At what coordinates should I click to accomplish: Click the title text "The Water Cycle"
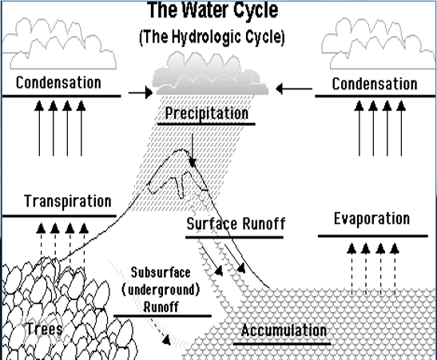click(x=213, y=10)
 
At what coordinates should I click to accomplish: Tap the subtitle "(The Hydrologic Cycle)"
click(x=212, y=37)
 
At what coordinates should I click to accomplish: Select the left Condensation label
click(x=58, y=83)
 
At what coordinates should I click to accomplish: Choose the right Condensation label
click(x=375, y=84)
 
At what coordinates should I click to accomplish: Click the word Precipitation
click(x=206, y=113)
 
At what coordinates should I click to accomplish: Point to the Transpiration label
click(x=68, y=201)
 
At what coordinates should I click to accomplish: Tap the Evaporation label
click(x=372, y=219)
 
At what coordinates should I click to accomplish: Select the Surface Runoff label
click(x=236, y=224)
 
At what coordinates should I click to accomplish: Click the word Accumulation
click(x=284, y=330)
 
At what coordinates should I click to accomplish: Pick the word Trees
click(x=45, y=329)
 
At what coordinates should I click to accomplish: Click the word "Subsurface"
click(x=161, y=272)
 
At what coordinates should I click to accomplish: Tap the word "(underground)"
click(x=161, y=290)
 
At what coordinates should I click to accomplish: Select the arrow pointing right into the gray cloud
click(x=141, y=93)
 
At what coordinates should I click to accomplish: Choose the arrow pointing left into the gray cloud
click(x=294, y=89)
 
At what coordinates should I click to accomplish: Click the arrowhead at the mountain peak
click(x=193, y=163)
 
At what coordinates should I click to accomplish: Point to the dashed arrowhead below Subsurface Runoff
click(x=166, y=340)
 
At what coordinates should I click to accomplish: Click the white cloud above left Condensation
click(x=58, y=45)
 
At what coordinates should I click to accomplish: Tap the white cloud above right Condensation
click(x=379, y=45)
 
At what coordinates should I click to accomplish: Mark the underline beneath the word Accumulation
click(x=282, y=343)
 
